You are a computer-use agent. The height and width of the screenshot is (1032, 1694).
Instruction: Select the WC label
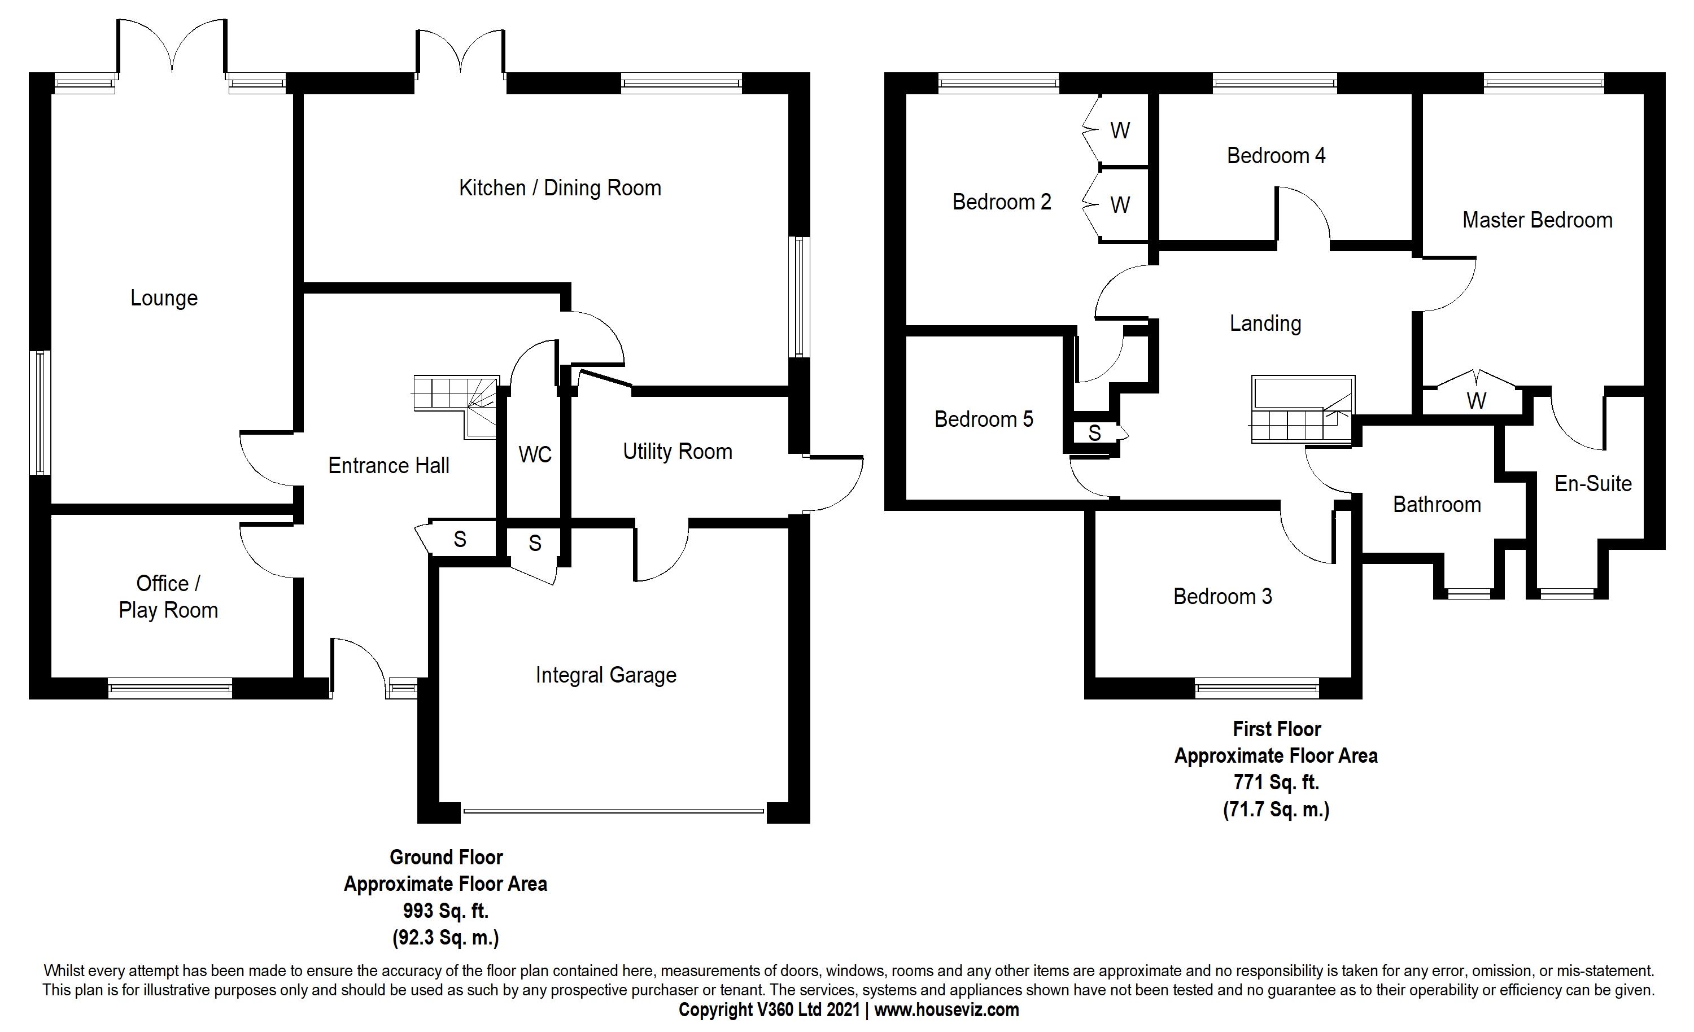(x=535, y=454)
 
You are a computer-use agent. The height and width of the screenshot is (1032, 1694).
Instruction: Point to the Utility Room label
(x=677, y=452)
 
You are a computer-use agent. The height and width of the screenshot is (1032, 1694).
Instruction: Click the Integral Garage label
(x=606, y=675)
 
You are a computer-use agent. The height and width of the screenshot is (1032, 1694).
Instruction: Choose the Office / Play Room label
(x=168, y=597)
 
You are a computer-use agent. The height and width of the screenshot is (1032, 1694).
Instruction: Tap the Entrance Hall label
(x=388, y=465)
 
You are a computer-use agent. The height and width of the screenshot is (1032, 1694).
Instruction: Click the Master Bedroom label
(x=1537, y=220)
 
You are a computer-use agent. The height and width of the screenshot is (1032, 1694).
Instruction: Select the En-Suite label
(x=1593, y=484)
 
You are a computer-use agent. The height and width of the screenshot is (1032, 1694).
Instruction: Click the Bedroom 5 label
(x=984, y=419)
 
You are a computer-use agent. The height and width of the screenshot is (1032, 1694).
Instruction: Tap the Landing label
(x=1265, y=323)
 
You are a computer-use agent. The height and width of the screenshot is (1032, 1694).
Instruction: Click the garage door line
(x=613, y=811)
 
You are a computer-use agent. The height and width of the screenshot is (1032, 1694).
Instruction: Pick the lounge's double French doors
(x=172, y=48)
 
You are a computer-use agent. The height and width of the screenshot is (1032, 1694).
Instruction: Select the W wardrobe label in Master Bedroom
(x=1476, y=401)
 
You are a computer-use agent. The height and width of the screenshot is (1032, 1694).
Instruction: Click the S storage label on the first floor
(x=1094, y=433)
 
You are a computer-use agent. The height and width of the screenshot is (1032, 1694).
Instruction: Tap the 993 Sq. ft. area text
(x=446, y=911)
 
